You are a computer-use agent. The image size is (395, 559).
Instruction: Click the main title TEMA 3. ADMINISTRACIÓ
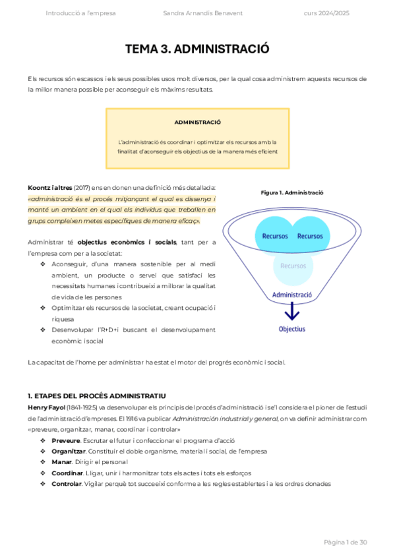[197, 49]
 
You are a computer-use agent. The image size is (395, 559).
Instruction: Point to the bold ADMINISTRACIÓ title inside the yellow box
[197, 122]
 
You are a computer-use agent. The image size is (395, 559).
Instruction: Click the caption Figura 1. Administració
[291, 192]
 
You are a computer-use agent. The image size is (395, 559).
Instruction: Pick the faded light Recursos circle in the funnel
[293, 266]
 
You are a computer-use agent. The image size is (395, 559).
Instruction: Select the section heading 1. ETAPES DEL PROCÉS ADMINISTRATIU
[96, 396]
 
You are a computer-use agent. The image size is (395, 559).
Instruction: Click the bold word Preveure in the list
[65, 440]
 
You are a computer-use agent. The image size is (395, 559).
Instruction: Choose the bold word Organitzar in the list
[69, 452]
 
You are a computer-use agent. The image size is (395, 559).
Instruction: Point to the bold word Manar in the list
[61, 462]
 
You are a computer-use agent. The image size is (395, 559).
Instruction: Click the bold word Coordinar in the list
[67, 473]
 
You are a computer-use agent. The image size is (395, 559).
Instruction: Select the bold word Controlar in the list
[67, 484]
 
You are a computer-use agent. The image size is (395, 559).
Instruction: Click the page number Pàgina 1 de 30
[345, 542]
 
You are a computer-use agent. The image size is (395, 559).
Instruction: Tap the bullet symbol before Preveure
[44, 440]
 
